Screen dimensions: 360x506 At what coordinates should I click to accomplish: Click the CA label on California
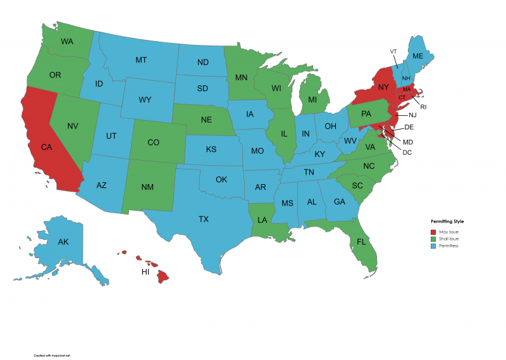(46, 147)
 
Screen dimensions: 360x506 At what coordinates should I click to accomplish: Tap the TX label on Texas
(203, 219)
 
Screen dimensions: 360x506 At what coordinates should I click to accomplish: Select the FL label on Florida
(361, 242)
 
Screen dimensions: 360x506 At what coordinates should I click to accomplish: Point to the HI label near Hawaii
(145, 271)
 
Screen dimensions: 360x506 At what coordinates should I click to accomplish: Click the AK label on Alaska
(63, 242)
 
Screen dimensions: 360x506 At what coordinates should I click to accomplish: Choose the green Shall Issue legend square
(434, 239)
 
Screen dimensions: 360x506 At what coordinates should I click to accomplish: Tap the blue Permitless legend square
(434, 245)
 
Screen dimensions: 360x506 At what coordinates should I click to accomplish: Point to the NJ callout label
(412, 115)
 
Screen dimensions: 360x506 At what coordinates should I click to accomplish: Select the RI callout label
(423, 107)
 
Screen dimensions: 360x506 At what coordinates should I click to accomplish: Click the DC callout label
(407, 152)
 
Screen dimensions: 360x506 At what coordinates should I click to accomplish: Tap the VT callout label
(393, 51)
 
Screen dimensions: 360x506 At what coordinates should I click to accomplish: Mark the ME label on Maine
(417, 56)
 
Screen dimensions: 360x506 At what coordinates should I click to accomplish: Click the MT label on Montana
(141, 60)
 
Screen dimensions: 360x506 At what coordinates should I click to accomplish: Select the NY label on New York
(382, 88)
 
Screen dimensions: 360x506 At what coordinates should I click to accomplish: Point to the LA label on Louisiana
(262, 220)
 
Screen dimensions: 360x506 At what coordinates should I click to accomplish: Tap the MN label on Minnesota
(241, 78)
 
